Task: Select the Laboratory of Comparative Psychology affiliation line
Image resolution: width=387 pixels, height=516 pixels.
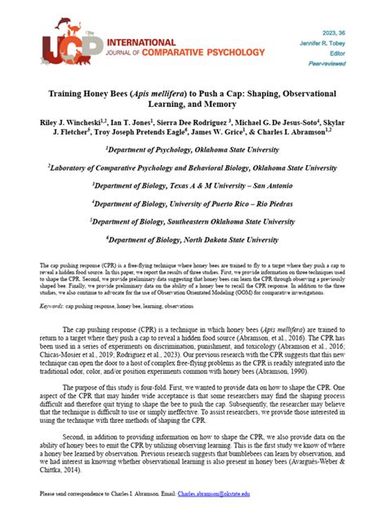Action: point(193,167)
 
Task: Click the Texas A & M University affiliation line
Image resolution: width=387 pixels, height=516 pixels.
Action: point(193,185)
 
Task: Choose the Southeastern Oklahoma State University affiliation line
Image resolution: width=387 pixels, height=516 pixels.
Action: point(193,221)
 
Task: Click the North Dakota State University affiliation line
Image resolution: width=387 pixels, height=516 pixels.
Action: point(193,240)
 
